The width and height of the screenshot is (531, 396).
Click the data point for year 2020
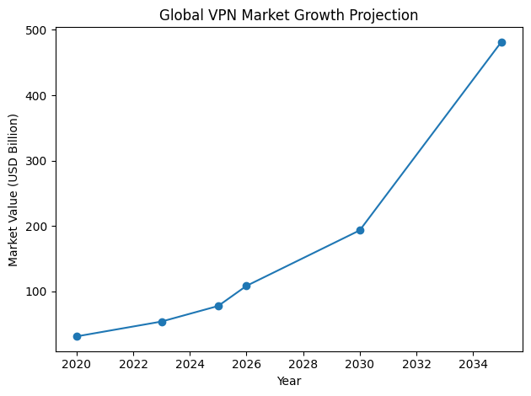click(77, 336)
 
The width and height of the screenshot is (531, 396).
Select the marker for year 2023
click(162, 322)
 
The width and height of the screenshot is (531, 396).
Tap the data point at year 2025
click(218, 306)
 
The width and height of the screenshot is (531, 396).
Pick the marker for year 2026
click(246, 286)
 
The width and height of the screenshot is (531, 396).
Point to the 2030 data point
click(360, 230)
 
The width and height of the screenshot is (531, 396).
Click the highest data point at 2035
click(501, 42)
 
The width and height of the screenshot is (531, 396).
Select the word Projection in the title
click(383, 15)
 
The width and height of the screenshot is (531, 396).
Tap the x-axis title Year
click(289, 381)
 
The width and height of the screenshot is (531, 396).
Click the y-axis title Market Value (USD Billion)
click(13, 190)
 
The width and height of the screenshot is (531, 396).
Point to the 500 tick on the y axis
click(37, 30)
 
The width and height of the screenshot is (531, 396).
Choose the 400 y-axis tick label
click(37, 96)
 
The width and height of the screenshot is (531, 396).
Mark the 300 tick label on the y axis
click(37, 161)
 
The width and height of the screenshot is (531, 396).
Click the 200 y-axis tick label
click(37, 227)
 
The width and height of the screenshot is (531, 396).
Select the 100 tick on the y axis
click(37, 292)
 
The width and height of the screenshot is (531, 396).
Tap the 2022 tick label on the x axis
click(133, 365)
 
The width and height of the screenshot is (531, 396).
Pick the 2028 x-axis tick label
click(303, 365)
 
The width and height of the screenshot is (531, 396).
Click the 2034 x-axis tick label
click(473, 365)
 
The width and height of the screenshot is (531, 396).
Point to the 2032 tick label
click(416, 365)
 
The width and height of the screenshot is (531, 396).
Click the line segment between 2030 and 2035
click(431, 136)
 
